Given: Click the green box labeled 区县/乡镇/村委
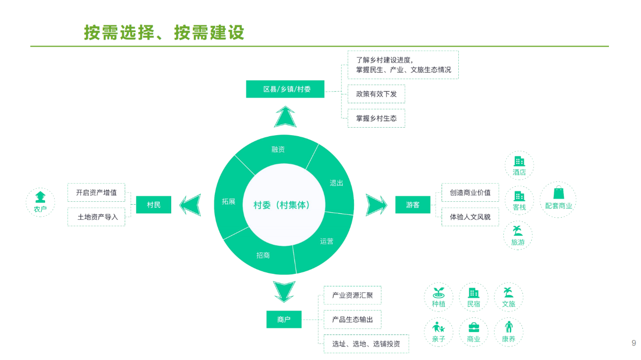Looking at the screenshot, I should pos(285,89).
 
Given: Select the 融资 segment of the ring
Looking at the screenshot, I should pos(278,149).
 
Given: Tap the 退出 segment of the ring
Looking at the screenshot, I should pos(336,183).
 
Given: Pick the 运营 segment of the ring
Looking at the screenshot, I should pos(327,241).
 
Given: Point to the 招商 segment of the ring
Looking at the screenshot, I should pos(263,255).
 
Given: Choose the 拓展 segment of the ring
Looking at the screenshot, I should pos(228,201).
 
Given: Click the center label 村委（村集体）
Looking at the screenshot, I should pos(281,205).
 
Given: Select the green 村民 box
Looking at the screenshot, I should pos(153,205).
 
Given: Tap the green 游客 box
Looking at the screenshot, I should pos(413,205).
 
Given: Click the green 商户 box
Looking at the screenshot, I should pos(283,319).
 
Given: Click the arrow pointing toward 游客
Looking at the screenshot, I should pos(376,205).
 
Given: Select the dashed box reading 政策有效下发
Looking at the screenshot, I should pos(376,94).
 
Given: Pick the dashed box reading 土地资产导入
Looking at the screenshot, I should pos(97,217).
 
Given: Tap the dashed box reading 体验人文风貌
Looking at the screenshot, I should pos(470,217).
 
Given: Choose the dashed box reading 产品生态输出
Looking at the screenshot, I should pos(352,319).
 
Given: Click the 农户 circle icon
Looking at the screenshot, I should pos(40,202).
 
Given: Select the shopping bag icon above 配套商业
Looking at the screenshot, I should pos(558,193).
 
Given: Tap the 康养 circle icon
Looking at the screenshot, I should pos(508,332).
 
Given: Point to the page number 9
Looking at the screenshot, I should pos(633,343).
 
